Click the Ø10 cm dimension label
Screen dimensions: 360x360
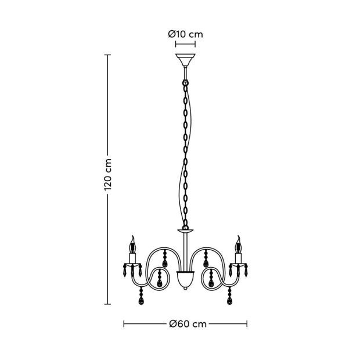[185, 34]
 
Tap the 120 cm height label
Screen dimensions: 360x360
[107, 175]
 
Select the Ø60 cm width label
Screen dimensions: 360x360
[188, 324]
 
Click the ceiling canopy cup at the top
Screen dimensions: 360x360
[185, 60]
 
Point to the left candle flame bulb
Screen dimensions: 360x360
[132, 245]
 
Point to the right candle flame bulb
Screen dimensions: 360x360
[238, 245]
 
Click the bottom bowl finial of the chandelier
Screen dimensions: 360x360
[185, 279]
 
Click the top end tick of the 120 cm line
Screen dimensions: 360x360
[107, 55]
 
